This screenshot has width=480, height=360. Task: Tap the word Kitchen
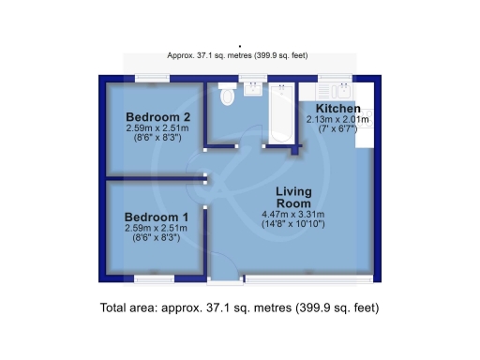point(336,109)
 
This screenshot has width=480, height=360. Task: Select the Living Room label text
point(292,198)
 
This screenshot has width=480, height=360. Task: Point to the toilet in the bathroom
point(226,96)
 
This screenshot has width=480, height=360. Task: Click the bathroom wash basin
point(253,90)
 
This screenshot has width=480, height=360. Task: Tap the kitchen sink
point(334,92)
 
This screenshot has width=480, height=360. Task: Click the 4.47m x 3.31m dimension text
point(292,215)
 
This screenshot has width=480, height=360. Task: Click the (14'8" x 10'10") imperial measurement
point(292,226)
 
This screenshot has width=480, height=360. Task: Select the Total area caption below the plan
point(239,307)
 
